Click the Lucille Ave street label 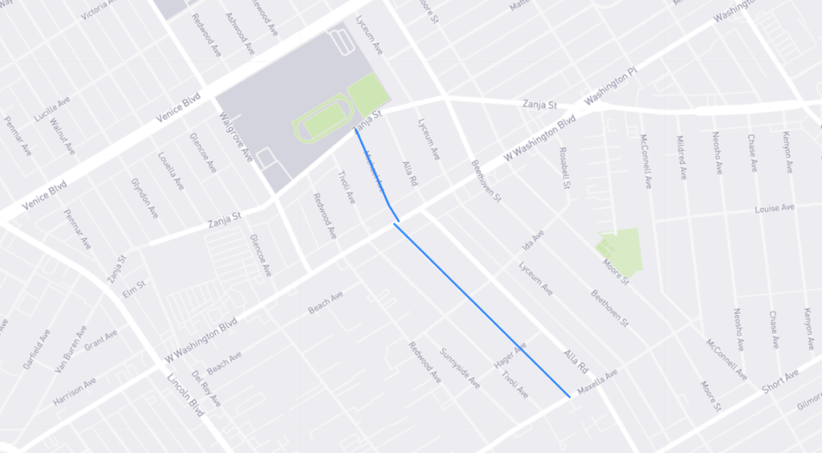coord(52,108)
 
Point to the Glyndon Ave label coord(144,198)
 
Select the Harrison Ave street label coord(75,390)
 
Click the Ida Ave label coord(533,239)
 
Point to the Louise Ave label coord(774,209)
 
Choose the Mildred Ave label coord(682,158)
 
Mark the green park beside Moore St coord(621,250)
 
